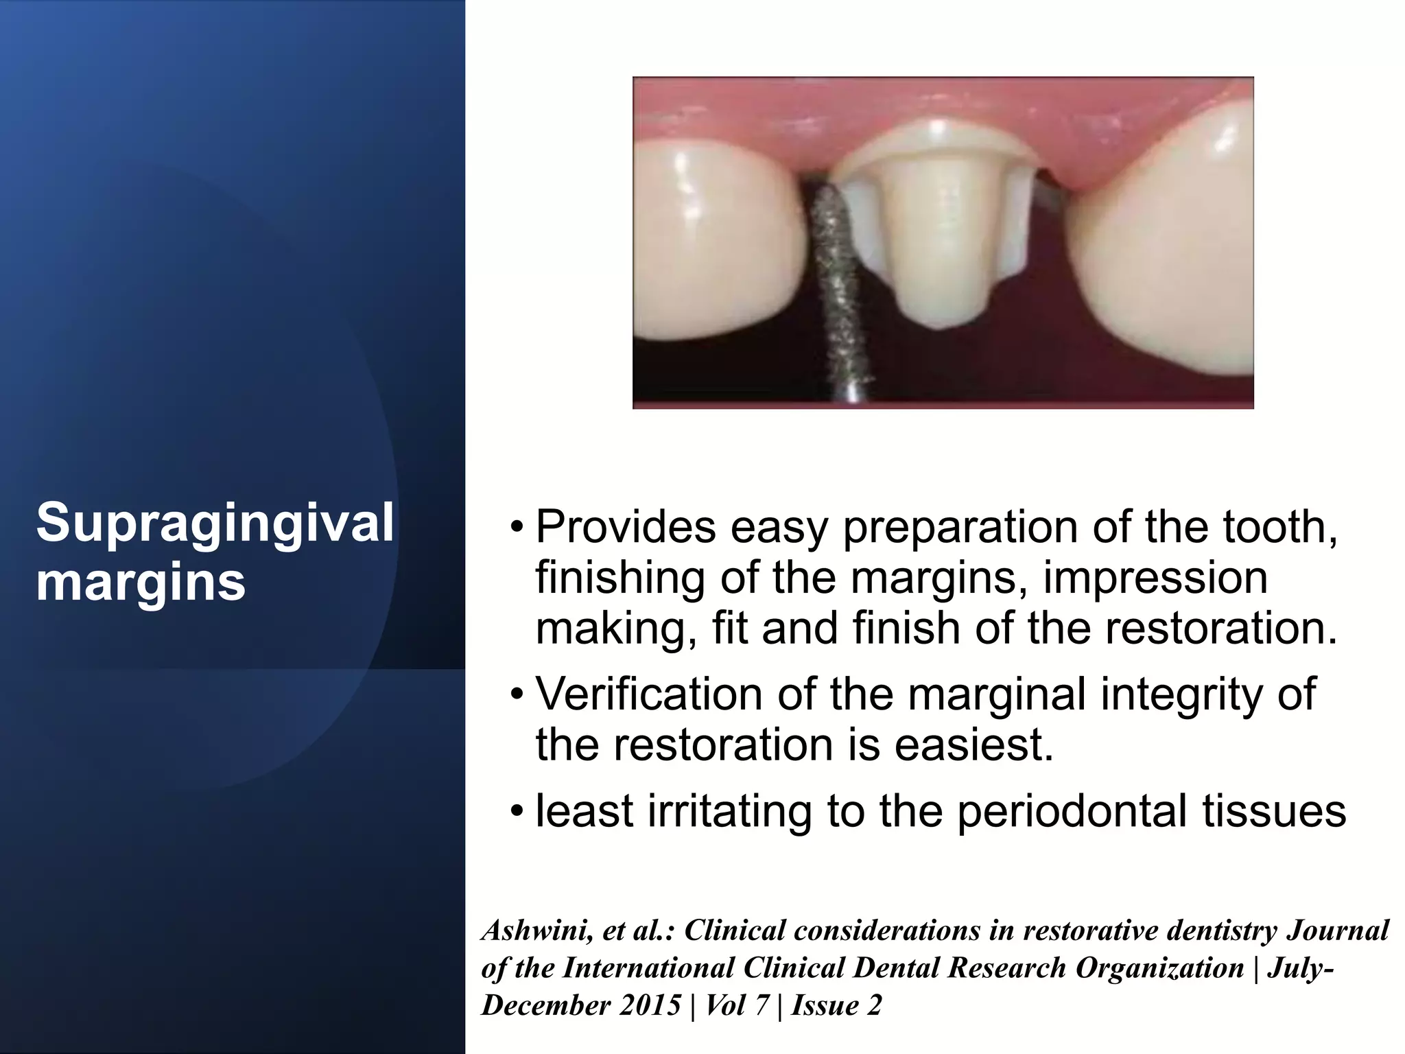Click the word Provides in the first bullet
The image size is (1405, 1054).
625,528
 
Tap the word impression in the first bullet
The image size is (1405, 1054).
1155,578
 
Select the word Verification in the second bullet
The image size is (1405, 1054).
649,694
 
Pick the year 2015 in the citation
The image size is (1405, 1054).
649,1005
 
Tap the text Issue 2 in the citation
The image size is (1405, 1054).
836,1005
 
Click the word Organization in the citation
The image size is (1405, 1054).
1159,968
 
